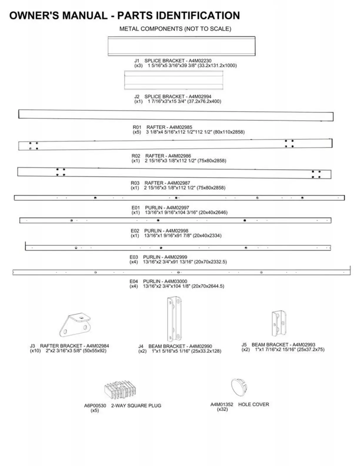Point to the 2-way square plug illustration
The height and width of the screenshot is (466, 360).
(120, 390)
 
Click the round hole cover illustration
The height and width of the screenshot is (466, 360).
(239, 387)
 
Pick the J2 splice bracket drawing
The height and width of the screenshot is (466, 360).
(174, 80)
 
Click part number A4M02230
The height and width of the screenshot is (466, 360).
(200, 61)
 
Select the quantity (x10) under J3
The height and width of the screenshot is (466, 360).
(35, 351)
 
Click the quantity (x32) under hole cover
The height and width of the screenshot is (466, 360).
(222, 409)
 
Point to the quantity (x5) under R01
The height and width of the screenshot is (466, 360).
(137, 132)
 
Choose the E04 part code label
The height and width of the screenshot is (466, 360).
(134, 281)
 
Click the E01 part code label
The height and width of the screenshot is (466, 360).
(136, 208)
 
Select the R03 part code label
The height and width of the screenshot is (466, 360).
(135, 183)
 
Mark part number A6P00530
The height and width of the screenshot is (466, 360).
(95, 406)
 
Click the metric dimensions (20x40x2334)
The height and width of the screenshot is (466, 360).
(207, 236)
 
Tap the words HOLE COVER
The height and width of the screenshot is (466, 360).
(254, 405)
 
